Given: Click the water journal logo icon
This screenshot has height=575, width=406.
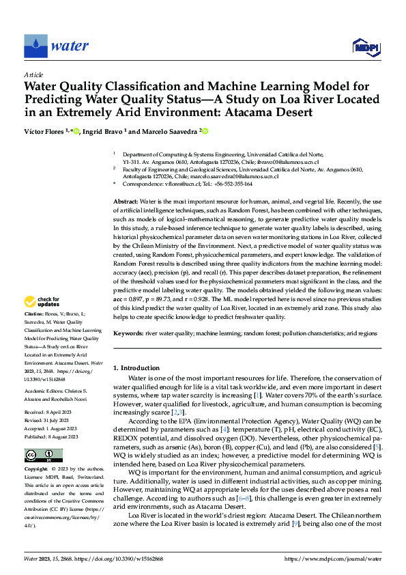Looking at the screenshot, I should pyautogui.click(x=35, y=46).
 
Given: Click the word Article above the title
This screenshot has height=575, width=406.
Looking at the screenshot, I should pyautogui.click(x=33, y=74).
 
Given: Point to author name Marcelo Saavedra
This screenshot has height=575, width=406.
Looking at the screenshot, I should pyautogui.click(x=168, y=131).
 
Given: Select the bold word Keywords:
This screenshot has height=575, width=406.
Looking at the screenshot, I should pyautogui.click(x=128, y=333).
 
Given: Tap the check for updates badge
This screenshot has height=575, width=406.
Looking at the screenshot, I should pyautogui.click(x=42, y=301).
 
